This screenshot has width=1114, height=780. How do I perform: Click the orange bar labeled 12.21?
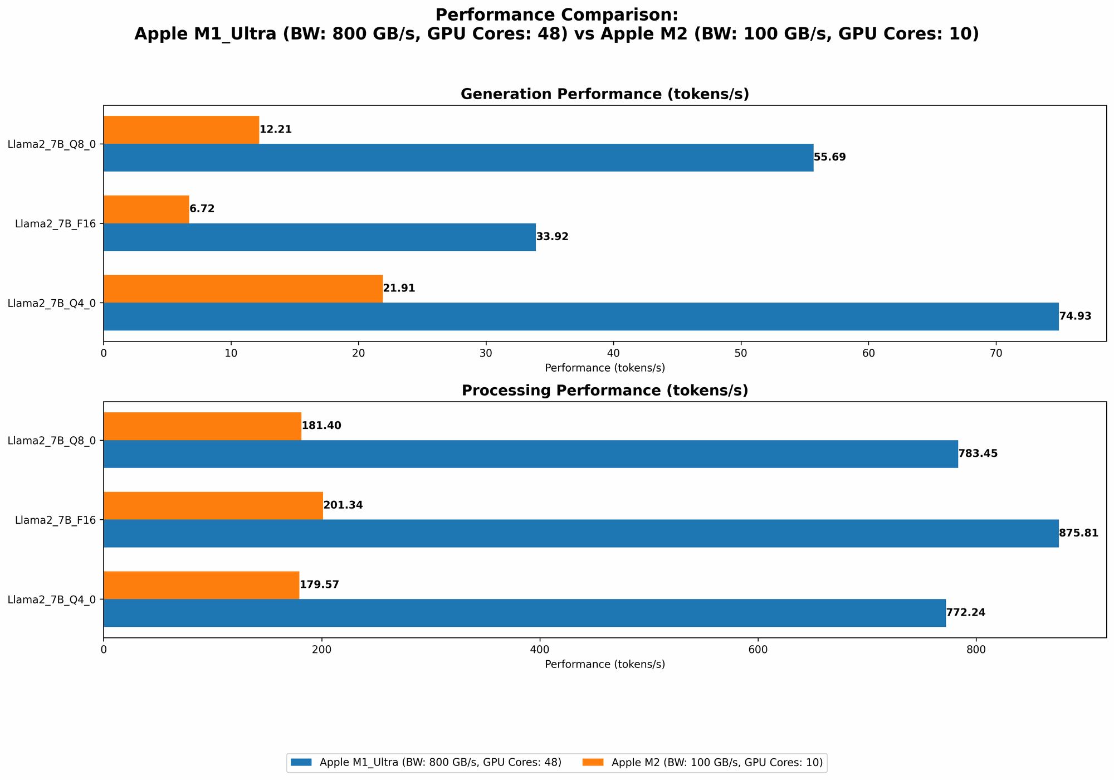(x=181, y=130)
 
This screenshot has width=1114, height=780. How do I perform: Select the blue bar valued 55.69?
(x=458, y=158)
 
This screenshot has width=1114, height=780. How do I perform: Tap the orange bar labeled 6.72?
(x=146, y=209)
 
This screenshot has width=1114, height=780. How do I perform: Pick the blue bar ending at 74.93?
(x=580, y=316)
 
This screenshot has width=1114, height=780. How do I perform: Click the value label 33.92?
(x=552, y=237)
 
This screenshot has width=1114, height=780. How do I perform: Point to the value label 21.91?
(x=399, y=289)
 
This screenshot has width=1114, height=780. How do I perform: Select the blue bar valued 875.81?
(x=580, y=533)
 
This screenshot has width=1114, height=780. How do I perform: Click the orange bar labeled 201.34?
(x=213, y=505)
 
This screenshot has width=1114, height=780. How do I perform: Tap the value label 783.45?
(x=978, y=454)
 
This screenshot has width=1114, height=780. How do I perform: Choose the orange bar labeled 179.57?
(x=201, y=585)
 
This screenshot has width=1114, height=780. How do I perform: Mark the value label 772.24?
(x=965, y=613)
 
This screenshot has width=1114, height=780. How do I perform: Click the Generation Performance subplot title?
(x=604, y=94)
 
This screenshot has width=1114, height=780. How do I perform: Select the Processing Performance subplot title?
(x=604, y=391)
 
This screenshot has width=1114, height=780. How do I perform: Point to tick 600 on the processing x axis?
(x=758, y=650)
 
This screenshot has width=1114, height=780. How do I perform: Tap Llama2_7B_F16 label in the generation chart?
(x=56, y=224)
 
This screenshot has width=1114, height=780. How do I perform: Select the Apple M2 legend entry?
(x=716, y=763)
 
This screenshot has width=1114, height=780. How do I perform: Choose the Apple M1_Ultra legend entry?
(x=440, y=763)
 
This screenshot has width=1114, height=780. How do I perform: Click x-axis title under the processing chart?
(x=604, y=664)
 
